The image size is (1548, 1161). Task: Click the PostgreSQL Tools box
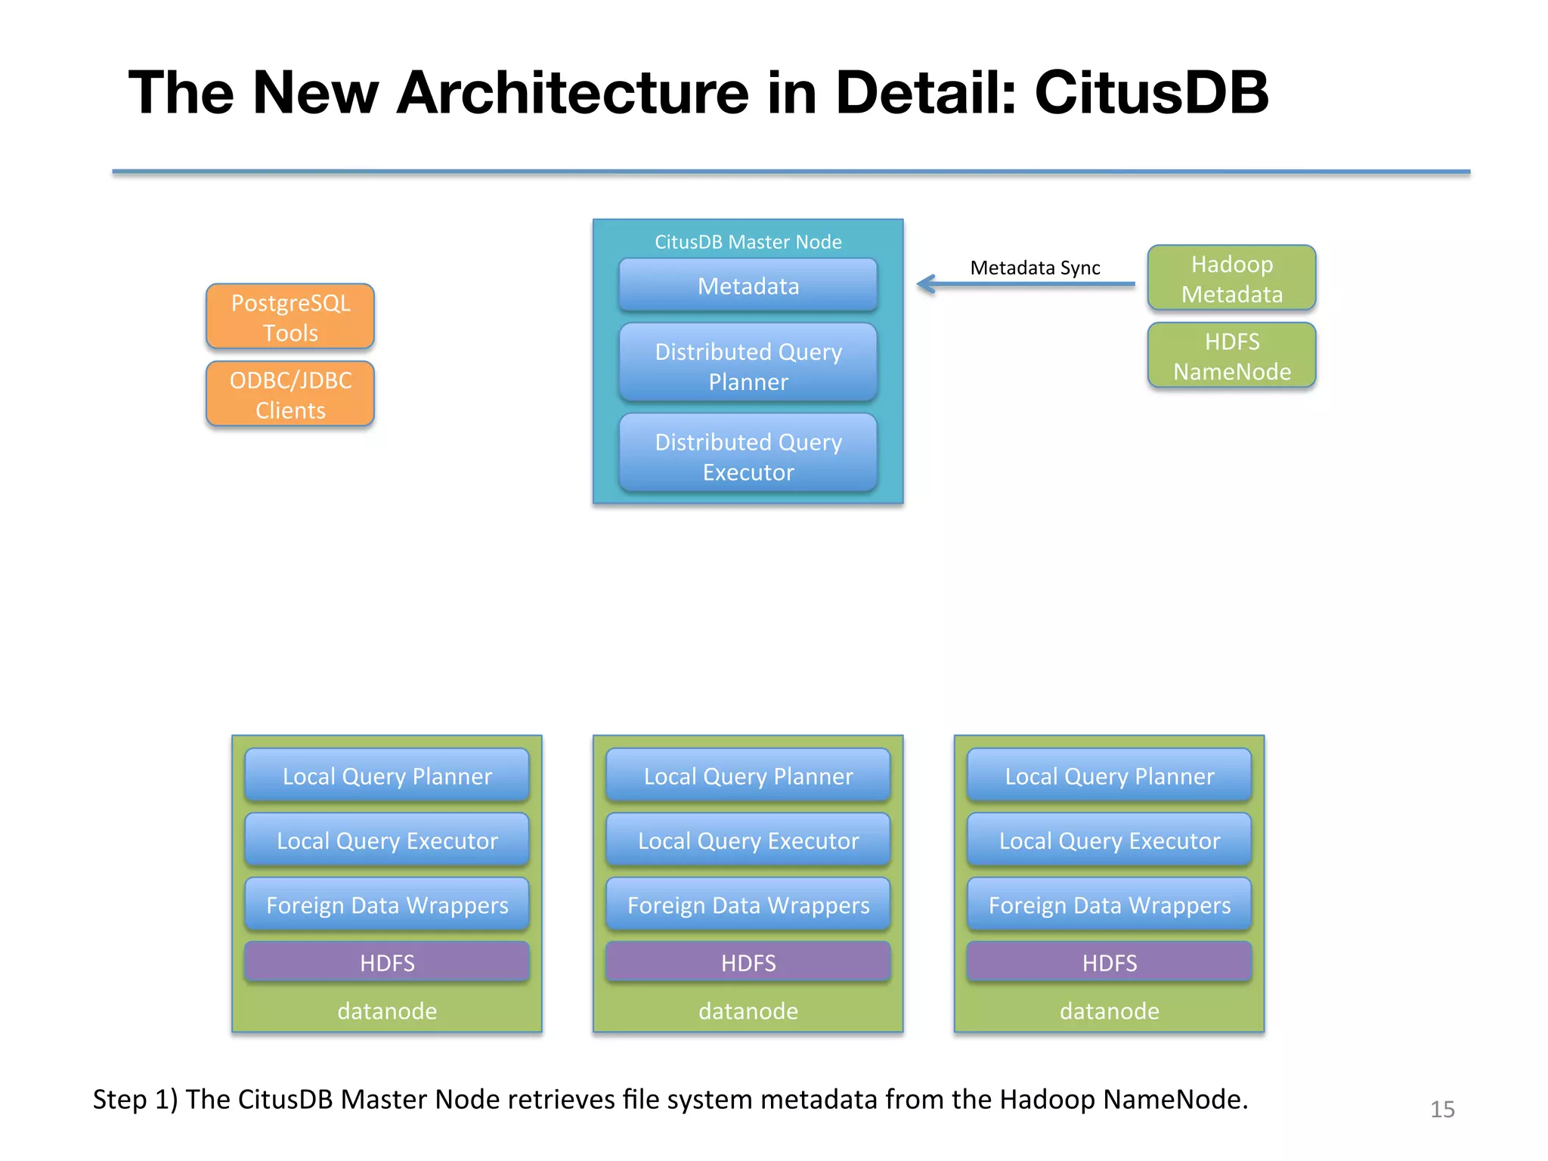[290, 317]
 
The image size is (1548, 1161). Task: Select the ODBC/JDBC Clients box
[290, 394]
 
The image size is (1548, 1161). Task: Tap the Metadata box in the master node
[748, 286]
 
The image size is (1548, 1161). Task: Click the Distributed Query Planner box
[748, 366]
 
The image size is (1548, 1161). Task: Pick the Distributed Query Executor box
[748, 456]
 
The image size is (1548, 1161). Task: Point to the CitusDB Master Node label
[748, 242]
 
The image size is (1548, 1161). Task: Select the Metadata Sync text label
[1035, 268]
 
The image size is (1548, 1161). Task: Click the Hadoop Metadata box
[1231, 278]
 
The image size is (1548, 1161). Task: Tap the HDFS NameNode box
[1231, 356]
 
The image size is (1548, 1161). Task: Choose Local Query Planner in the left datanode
[387, 776]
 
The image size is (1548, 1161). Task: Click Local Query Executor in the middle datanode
[748, 841]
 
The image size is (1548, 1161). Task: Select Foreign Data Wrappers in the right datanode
[1109, 905]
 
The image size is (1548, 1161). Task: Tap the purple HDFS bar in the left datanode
[387, 962]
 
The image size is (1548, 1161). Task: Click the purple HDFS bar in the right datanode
[1109, 962]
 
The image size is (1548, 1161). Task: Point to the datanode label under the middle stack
[748, 1011]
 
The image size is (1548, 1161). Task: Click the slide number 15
[1442, 1109]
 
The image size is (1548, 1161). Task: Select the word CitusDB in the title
[1150, 92]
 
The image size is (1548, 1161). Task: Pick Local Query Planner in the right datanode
[1109, 776]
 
